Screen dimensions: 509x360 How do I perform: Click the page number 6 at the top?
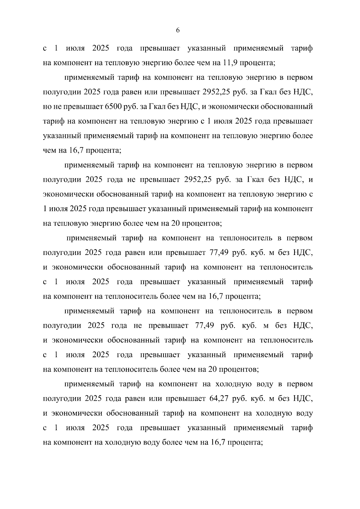pyautogui.click(x=178, y=31)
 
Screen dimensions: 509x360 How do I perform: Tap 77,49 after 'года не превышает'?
pyautogui.click(x=204, y=326)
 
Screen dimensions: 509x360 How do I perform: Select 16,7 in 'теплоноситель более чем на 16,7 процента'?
pyautogui.click(x=214, y=297)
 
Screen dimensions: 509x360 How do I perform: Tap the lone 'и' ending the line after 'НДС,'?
pyautogui.click(x=311, y=180)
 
